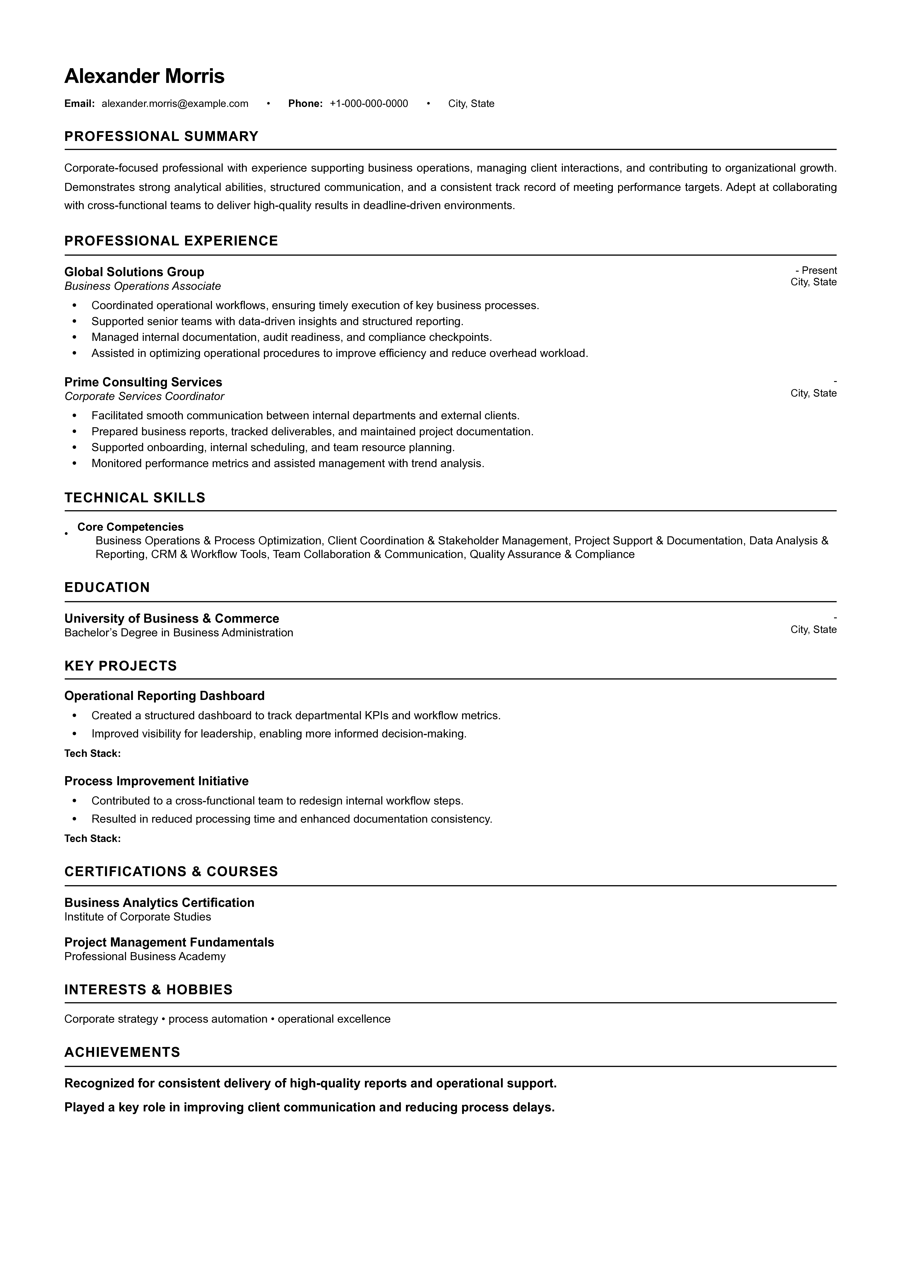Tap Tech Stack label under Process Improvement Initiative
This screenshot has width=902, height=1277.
tap(92, 838)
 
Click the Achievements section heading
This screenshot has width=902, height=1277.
tap(122, 1052)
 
